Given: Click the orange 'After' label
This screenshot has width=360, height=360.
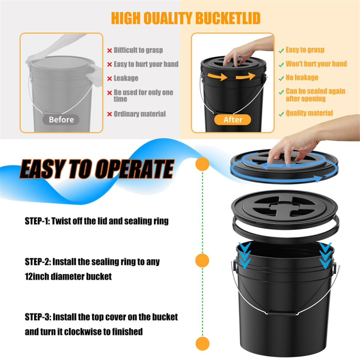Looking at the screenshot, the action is tap(232, 120).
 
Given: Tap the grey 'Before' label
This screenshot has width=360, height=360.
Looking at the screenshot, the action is tap(61, 120).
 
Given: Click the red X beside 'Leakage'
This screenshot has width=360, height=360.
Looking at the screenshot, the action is tap(109, 79).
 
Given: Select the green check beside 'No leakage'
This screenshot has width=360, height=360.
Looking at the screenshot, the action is tap(281, 79).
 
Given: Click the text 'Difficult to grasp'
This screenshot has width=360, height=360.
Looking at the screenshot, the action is tap(138, 50).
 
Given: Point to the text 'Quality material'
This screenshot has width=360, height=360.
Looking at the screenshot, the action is tap(309, 113).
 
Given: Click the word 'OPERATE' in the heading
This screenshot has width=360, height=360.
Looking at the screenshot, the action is tap(135, 169).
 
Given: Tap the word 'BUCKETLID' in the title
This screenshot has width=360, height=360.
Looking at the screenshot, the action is tap(228, 18).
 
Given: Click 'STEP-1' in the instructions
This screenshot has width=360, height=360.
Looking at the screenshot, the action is tap(37, 221).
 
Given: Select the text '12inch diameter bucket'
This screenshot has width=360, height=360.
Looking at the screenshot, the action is tap(68, 276).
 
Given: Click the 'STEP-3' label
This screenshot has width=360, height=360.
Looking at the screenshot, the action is tap(37, 317).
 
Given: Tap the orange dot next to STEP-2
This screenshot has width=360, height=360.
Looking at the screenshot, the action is tap(202, 260).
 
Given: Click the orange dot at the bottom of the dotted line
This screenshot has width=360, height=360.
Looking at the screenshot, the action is tap(203, 344).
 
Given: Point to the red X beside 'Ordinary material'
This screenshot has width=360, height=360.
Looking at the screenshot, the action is tap(109, 114).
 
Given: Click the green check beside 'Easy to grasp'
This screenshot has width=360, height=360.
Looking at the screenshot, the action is tap(281, 51).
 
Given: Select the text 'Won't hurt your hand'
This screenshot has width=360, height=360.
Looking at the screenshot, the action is tap(316, 64).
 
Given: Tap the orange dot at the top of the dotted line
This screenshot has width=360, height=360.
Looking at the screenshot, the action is tap(202, 164).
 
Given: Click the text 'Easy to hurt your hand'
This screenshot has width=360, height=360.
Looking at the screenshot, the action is tap(146, 64).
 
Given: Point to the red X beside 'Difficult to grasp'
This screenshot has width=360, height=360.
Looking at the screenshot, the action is tap(109, 51).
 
